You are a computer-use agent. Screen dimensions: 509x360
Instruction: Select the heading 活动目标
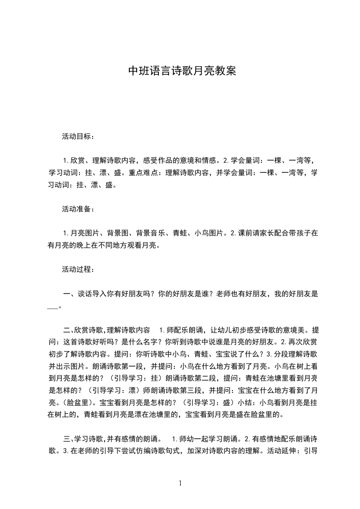coord(77,136)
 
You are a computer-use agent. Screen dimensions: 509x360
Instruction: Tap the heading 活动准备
coord(77,209)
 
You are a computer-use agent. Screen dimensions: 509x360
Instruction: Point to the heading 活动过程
coord(77,269)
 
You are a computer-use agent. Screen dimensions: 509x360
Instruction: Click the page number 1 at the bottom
coord(180,483)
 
